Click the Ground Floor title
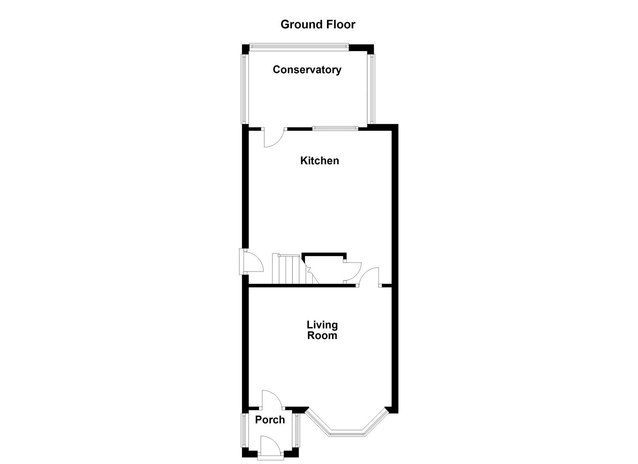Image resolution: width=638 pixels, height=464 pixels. point(318,24)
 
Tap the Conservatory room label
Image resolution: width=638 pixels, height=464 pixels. point(307,70)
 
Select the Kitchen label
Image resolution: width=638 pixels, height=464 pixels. point(319,161)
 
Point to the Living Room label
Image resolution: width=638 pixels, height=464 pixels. point(322,330)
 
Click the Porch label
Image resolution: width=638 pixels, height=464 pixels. point(270,420)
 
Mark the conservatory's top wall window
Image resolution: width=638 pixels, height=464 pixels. point(299,45)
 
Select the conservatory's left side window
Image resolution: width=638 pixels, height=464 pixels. point(244,89)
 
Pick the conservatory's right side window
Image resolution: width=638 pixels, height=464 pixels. point(372,89)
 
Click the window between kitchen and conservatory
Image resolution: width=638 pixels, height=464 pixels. point(335,128)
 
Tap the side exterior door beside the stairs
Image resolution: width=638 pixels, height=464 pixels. point(251,262)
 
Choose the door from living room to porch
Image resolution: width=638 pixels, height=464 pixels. point(272,400)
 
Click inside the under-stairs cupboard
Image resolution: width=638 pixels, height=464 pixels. point(327,271)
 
